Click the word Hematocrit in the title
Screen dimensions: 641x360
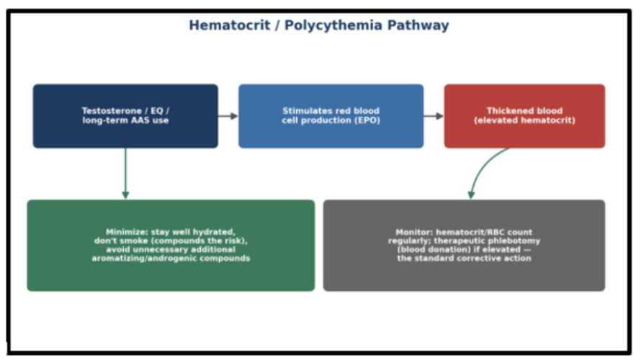(229, 25)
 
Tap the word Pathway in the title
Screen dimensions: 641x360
(418, 26)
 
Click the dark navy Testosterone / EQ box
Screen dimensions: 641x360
(125, 116)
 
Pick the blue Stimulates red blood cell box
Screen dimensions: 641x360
(331, 116)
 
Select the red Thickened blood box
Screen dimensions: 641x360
(524, 116)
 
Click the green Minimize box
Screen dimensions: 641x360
(171, 246)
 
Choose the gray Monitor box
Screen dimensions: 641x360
(464, 246)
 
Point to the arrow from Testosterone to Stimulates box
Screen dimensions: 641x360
(228, 116)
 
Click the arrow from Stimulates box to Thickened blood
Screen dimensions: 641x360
(434, 116)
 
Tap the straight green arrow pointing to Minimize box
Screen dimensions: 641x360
(125, 174)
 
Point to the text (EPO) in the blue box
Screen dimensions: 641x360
(367, 120)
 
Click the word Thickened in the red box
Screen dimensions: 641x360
(503, 111)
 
